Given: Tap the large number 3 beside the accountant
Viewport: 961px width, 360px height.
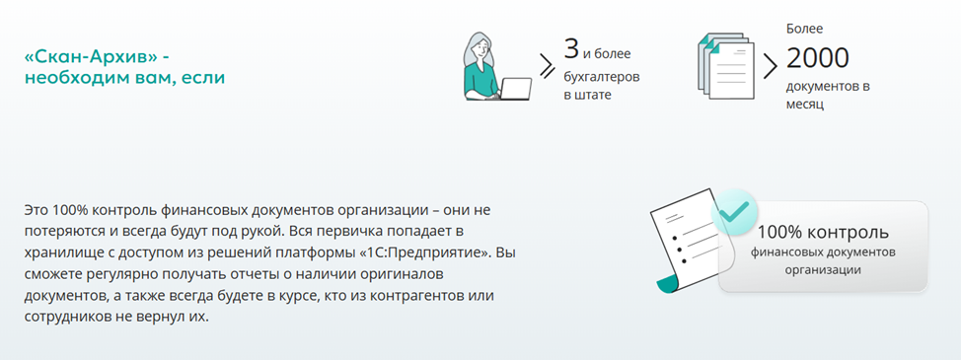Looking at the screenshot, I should pos(570,47).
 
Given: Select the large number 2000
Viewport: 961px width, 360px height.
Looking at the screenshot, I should pos(817,58).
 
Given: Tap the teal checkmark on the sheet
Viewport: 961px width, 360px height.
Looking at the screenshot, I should pos(733,210).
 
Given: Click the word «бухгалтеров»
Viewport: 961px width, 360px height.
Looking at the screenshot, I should pos(601,75).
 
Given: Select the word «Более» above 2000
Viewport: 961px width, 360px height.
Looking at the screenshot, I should pos(804,29).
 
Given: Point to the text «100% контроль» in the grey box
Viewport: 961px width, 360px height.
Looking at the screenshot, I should pos(823,233).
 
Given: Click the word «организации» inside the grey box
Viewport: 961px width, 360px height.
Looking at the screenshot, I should pos(823,269).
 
